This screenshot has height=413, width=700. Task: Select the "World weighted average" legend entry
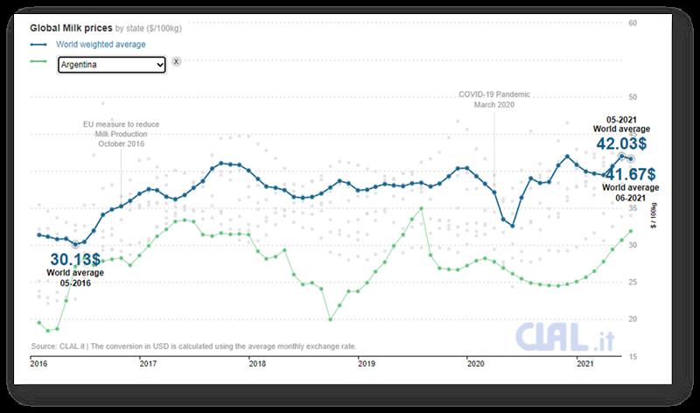100,44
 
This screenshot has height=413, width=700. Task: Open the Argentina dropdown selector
111,64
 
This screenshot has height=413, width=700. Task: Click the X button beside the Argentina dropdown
176,62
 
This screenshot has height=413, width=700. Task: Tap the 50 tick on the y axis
656,97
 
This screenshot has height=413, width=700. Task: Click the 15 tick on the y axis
656,356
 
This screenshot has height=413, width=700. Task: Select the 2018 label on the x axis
256,363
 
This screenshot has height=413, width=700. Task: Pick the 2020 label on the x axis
475,363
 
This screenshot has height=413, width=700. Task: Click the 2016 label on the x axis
39,363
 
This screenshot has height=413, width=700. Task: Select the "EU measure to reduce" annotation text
121,124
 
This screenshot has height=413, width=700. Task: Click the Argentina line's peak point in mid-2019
422,208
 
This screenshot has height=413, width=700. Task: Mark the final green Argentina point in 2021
630,231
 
